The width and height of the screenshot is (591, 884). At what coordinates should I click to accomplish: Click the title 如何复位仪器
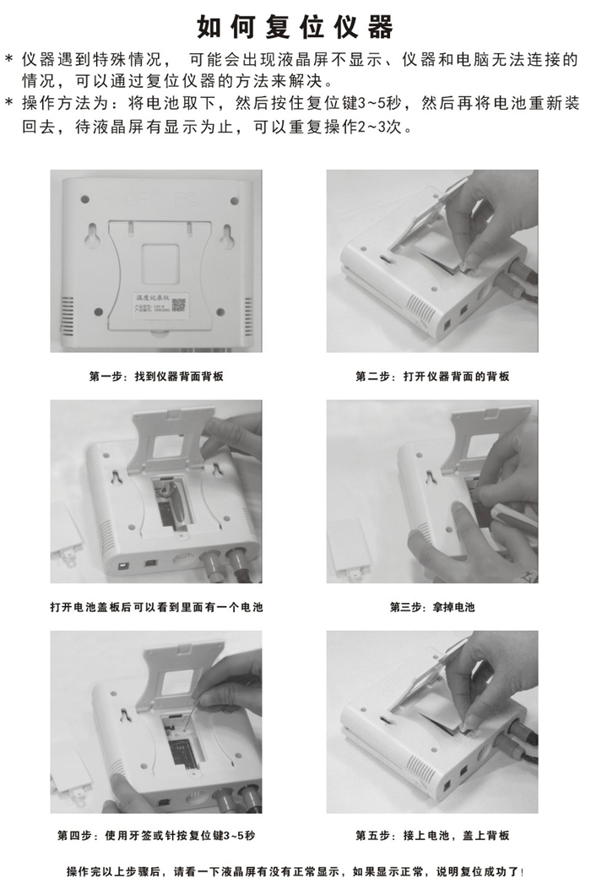295,26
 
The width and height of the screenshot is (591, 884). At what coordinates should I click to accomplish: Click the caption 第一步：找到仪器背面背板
156,376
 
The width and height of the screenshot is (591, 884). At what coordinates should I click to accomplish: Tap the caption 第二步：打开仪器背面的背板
432,376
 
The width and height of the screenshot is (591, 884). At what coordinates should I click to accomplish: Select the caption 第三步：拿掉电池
432,607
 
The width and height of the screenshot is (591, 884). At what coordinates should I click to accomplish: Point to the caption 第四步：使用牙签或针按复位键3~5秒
156,835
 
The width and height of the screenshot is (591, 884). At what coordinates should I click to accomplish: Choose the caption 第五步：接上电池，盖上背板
432,835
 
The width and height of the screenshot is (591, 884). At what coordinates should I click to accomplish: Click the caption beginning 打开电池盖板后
156,607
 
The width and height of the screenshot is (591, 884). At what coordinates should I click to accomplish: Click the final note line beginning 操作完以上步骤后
295,871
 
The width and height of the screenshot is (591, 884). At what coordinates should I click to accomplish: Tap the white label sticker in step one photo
160,305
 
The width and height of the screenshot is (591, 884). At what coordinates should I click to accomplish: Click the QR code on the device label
178,305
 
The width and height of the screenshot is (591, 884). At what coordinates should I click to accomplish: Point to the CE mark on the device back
135,199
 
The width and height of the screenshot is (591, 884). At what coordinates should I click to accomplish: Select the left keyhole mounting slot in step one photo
93,236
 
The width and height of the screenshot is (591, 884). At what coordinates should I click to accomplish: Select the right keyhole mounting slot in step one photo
227,236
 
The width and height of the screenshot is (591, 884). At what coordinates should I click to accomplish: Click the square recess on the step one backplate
160,263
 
